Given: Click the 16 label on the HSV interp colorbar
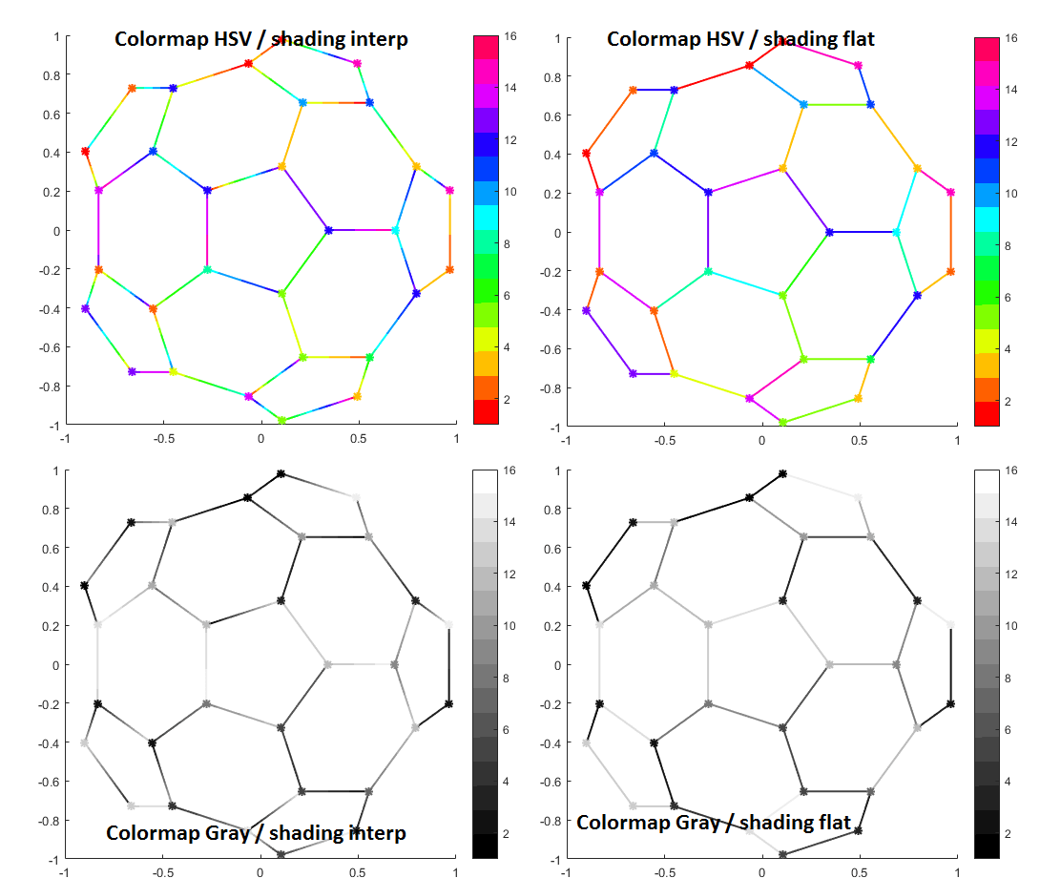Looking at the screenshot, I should (510, 36).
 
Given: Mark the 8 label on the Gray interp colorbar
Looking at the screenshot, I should (510, 678).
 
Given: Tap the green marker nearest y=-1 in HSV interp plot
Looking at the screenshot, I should (281, 420).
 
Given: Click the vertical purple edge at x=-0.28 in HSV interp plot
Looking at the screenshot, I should (207, 230).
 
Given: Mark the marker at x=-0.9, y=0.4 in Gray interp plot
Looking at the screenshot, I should (85, 585).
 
